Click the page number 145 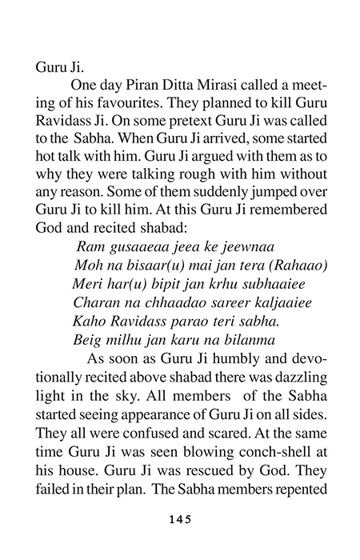coord(179,518)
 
